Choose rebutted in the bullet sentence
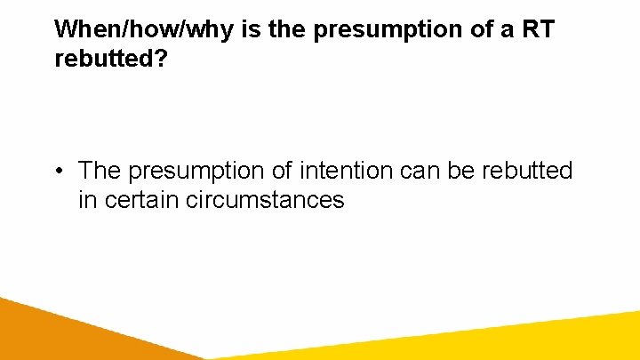528,170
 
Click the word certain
142,200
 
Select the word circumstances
265,200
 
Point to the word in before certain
87,200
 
